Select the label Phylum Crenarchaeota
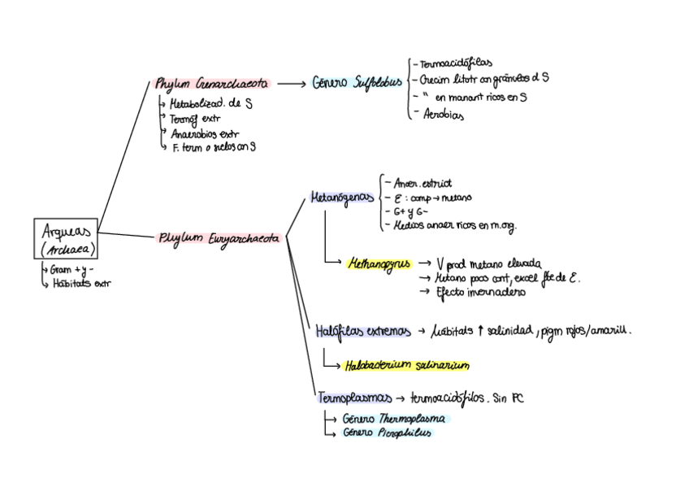point(213,83)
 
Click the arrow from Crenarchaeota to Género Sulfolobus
point(290,83)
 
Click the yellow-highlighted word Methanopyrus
point(379,264)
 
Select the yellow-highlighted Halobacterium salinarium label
point(406,365)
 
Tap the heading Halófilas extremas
point(357,332)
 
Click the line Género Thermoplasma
point(393,419)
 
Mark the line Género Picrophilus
point(387,433)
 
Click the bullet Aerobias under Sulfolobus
point(443,115)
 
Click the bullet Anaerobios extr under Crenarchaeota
point(205,133)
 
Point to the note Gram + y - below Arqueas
point(72,268)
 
